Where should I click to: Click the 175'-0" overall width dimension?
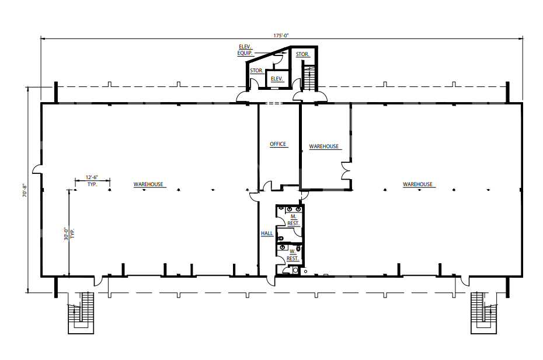click(281, 36)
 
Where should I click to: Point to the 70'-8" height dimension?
click(25, 190)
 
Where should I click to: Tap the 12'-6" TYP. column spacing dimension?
click(92, 181)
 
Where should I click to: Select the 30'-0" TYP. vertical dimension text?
click(69, 233)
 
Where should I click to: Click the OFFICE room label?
click(278, 144)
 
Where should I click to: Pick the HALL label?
click(267, 233)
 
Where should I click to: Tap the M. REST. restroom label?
click(293, 220)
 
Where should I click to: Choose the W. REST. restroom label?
click(293, 255)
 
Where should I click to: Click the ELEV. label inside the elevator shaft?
click(277, 79)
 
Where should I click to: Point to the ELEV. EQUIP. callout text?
click(245, 50)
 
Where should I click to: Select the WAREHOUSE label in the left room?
click(148, 184)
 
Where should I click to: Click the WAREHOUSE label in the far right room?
click(417, 184)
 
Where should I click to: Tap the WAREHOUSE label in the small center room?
click(324, 146)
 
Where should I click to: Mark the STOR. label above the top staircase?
click(302, 54)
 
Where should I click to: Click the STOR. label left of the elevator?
click(256, 71)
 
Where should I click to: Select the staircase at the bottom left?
click(81, 313)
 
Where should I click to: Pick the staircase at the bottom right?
click(483, 313)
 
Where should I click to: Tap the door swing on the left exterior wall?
click(37, 169)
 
